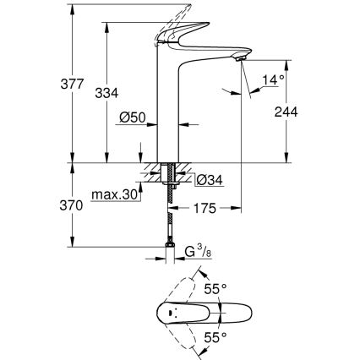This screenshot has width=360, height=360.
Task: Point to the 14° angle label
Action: [x=272, y=81]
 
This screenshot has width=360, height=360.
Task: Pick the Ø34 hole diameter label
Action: [x=210, y=178]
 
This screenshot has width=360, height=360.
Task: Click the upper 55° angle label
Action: [x=217, y=289]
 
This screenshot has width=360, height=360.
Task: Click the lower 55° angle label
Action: [x=217, y=337]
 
